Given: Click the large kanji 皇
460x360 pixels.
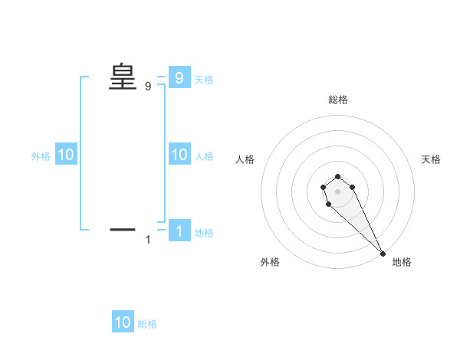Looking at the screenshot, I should coord(123,77).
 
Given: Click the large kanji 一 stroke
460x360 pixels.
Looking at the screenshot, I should coord(123,229).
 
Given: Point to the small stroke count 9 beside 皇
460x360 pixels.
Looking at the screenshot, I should coord(148,87).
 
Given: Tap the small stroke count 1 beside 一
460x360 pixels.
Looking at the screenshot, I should coord(148,241).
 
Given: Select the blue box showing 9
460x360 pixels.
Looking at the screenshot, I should coord(179,77).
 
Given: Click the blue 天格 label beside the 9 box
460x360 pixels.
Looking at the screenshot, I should coord(204,79).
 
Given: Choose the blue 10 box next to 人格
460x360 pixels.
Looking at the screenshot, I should coord(179,155).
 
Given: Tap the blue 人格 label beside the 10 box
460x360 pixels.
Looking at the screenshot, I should coord(204,156).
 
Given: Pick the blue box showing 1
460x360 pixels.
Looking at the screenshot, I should coord(179,231).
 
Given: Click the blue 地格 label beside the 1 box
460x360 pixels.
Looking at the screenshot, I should coord(204,233).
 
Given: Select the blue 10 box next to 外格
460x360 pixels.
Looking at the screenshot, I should coord(65,155).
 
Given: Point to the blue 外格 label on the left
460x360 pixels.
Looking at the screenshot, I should coord(41,156).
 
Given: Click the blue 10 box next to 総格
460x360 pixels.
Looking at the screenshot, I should coord(123,322).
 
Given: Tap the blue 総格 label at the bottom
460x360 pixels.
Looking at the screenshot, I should coord(147,324).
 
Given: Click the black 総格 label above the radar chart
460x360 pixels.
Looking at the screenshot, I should coord(338,100).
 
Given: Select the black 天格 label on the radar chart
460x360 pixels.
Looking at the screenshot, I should coord(431,159).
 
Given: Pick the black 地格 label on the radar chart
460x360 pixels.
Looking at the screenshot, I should coord(402,262).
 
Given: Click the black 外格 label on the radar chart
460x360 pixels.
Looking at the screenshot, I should coord(270,262).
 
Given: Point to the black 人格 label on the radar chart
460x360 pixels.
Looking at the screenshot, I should coord(245,159).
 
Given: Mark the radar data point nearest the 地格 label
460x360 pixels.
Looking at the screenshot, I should coord(383,254).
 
